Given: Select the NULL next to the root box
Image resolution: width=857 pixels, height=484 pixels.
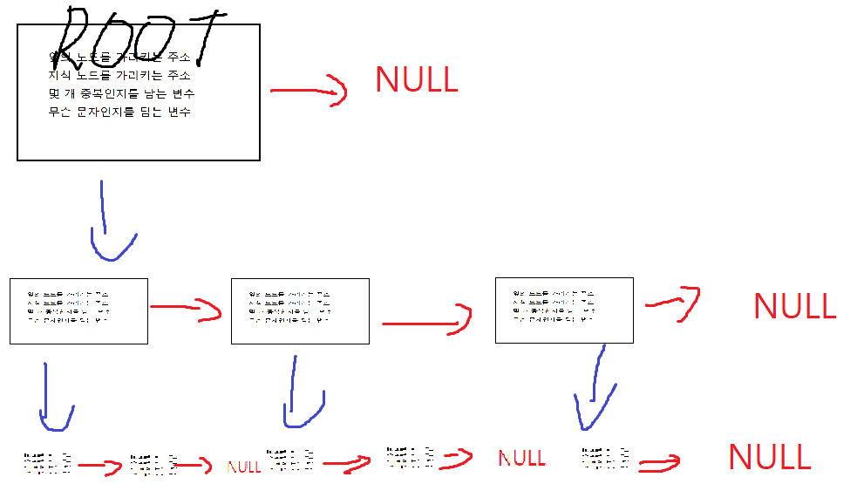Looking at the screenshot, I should (416, 79).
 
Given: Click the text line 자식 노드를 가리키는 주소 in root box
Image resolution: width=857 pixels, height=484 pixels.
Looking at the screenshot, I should (120, 76).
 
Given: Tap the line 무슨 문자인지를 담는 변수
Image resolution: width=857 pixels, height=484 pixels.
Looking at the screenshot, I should (120, 112).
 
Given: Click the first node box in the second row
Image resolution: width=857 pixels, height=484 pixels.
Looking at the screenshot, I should (78, 311).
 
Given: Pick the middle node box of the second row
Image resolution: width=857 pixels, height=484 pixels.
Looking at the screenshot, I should (300, 311).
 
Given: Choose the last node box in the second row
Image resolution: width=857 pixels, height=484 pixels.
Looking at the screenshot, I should (564, 310).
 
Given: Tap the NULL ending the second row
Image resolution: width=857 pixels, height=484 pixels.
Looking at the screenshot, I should (794, 306).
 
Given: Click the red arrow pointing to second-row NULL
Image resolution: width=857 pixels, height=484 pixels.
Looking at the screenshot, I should (674, 301).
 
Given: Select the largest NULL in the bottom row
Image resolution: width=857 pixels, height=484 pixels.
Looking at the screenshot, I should (769, 457).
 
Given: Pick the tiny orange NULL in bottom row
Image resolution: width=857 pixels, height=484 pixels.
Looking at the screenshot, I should (243, 467).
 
